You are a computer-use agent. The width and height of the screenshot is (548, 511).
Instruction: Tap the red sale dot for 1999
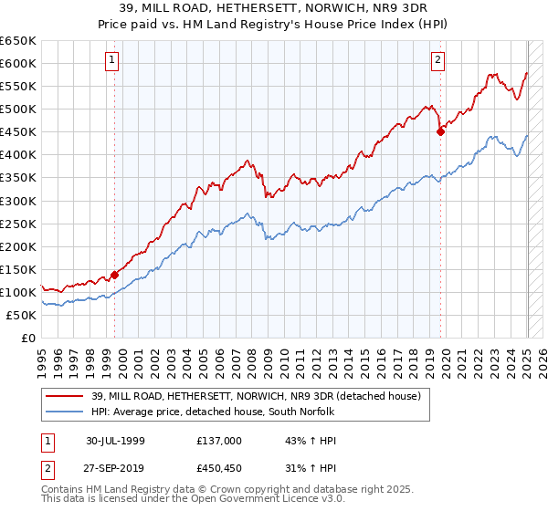115,274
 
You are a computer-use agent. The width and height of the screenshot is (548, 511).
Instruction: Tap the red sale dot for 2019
440,131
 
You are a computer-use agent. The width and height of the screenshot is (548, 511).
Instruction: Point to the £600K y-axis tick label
18,63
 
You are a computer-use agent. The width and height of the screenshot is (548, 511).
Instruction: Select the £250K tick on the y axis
18,224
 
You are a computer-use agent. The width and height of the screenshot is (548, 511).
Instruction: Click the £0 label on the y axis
27,338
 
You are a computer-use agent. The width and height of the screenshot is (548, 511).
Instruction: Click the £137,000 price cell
217,440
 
